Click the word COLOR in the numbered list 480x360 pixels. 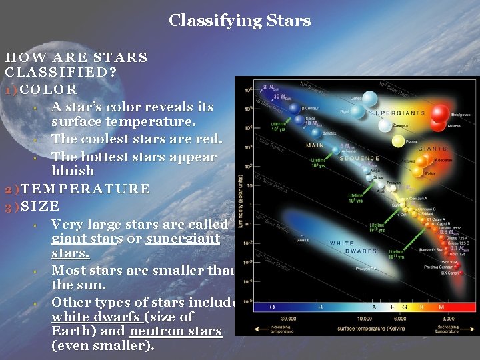[50, 89]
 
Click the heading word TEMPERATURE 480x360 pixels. [85, 189]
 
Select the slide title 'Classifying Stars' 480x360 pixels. [240, 21]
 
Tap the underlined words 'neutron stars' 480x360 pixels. [176, 331]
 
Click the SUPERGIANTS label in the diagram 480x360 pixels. [397, 113]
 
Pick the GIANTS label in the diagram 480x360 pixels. [432, 149]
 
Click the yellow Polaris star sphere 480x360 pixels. [398, 141]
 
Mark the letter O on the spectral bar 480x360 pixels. [271, 307]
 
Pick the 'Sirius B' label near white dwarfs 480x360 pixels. [303, 238]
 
